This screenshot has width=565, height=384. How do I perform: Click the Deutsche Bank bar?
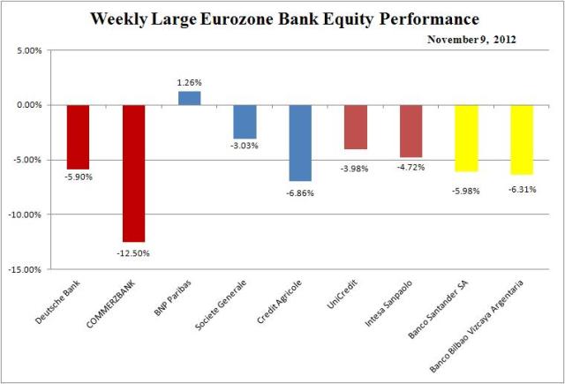[78, 137]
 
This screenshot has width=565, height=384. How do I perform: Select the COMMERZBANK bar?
[133, 173]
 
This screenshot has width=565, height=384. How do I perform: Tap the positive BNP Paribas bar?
[189, 98]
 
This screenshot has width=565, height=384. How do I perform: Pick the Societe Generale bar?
[245, 121]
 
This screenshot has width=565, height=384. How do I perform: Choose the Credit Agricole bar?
[300, 142]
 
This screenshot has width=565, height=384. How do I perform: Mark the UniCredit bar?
[355, 126]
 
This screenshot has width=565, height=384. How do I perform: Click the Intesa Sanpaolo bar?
[411, 131]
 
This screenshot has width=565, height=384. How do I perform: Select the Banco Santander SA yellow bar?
[466, 138]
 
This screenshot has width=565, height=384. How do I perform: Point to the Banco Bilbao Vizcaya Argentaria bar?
[522, 139]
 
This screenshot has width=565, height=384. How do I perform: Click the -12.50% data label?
[133, 253]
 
